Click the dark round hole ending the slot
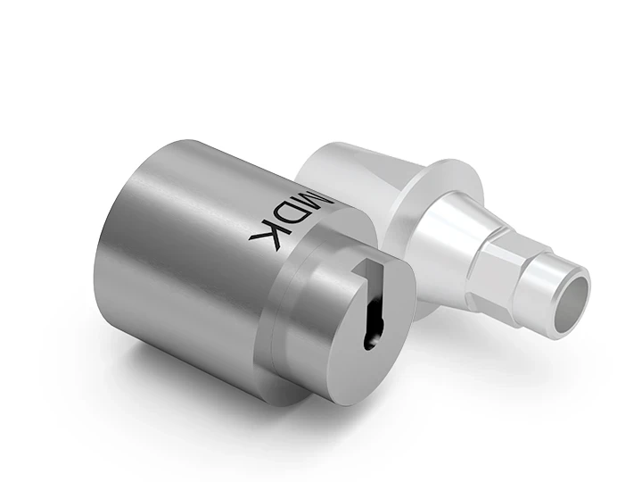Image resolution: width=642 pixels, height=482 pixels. click(371, 337)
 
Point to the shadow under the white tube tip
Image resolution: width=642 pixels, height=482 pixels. click(535, 344)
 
